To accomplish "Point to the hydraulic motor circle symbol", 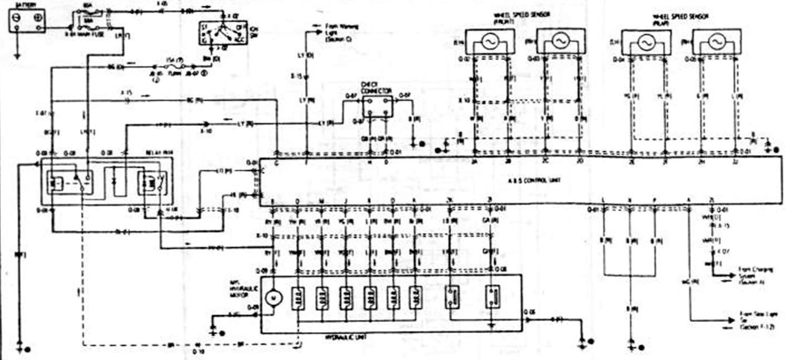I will click(273, 298).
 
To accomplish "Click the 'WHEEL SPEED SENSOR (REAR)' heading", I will click(681, 20).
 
